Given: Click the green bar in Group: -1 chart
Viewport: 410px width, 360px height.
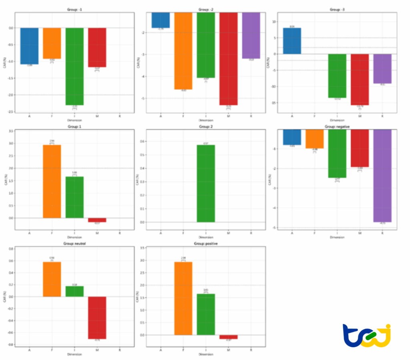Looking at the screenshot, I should coord(74,66).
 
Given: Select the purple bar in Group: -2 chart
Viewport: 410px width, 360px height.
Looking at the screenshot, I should coord(251,35).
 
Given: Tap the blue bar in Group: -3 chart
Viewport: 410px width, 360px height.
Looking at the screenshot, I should coord(292,41).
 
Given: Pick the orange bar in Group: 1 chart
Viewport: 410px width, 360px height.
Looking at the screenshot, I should coord(52,181).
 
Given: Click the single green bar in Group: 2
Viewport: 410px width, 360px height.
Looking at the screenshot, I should coord(205,183).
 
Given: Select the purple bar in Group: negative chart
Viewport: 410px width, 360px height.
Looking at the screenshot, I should coord(382,176).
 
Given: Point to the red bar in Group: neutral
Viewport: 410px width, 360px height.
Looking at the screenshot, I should coord(97,318).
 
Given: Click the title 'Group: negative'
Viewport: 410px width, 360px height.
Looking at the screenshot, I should coord(337,127).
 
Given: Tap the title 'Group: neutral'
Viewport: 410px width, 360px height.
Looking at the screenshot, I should coord(74,244).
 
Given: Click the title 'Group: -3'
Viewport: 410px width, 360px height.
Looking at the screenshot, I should coord(337,10).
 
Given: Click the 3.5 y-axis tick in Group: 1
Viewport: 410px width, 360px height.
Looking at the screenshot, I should coord(11,131).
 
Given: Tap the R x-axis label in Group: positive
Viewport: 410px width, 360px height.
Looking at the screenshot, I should coord(251,350).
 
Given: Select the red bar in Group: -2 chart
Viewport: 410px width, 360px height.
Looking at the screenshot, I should coord(229,58).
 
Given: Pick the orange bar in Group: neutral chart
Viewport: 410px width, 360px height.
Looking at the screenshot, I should coord(52,279).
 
